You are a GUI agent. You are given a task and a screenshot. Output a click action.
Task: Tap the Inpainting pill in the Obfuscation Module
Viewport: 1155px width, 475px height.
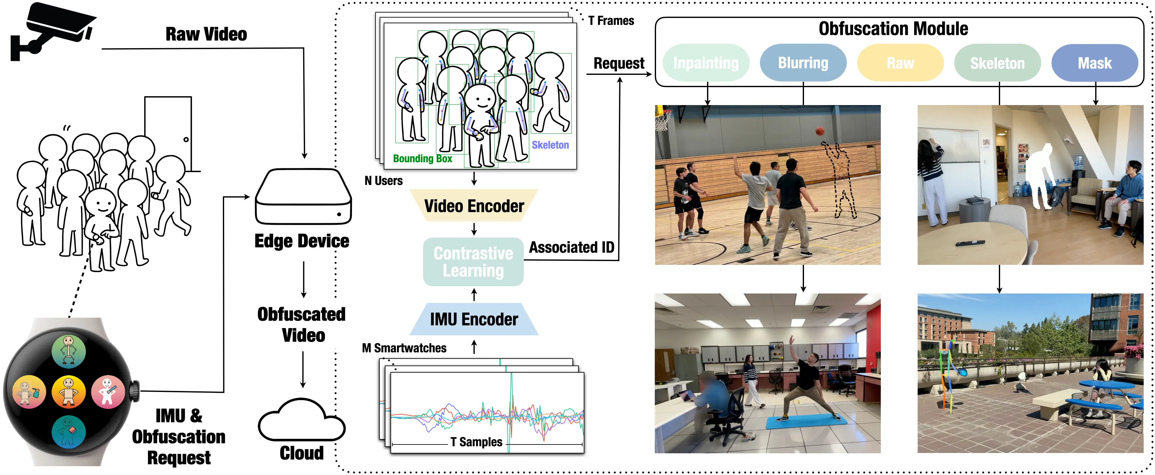(x=706, y=63)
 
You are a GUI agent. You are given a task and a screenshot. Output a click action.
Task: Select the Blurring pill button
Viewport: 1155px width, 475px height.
(x=803, y=63)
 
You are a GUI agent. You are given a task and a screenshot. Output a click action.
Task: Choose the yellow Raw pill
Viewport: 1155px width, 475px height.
(x=900, y=63)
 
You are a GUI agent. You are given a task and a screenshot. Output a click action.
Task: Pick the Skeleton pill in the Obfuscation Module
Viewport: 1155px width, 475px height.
(x=998, y=63)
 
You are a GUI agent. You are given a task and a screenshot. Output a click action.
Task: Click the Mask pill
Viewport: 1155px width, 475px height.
(x=1095, y=63)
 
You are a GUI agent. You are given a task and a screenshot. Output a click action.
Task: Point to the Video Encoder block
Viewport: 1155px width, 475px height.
(x=474, y=206)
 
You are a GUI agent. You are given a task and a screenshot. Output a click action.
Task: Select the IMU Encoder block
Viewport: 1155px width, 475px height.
(x=474, y=319)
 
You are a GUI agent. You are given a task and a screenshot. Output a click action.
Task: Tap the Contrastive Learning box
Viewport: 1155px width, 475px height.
(x=473, y=262)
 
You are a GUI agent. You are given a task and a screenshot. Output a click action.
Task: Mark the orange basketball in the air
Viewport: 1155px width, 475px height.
(x=820, y=131)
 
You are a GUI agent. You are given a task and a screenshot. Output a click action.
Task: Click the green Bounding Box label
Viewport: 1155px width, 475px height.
(x=422, y=159)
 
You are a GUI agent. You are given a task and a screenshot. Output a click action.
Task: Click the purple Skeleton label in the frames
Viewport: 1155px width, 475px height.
(x=550, y=145)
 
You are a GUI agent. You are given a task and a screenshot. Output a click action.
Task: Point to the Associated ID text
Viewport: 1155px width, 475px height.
(x=572, y=247)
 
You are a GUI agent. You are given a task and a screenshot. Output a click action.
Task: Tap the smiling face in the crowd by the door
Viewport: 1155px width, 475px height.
(x=102, y=203)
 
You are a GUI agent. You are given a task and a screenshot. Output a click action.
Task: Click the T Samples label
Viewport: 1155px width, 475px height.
(x=476, y=442)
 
